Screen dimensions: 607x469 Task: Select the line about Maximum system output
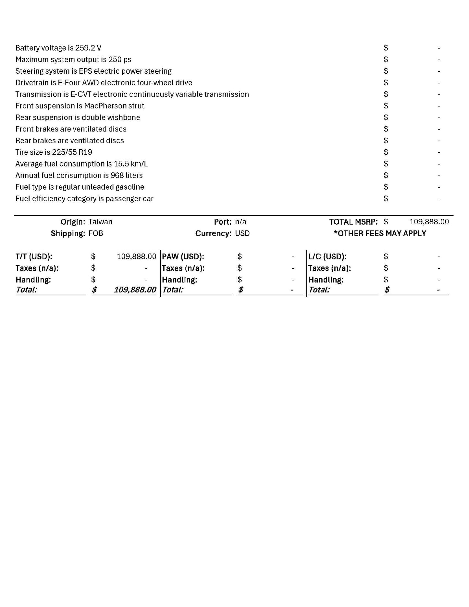[73, 60]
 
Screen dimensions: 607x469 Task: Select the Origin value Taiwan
[100, 222]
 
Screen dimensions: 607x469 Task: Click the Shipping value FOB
[96, 234]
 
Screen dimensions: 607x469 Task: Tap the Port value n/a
[241, 222]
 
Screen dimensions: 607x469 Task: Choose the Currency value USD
[242, 234]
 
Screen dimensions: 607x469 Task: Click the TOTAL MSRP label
[353, 222]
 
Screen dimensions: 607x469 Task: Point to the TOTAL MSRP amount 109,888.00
[429, 222]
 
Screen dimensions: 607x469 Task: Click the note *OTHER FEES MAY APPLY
[380, 234]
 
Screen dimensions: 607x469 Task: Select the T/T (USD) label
[34, 257]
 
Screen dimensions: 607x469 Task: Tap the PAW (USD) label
[183, 257]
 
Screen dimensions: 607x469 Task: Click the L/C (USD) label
[327, 257]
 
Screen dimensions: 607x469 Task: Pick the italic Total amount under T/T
[135, 290]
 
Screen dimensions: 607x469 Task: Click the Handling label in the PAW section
[179, 280]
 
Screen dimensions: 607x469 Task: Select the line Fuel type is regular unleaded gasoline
[80, 187]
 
